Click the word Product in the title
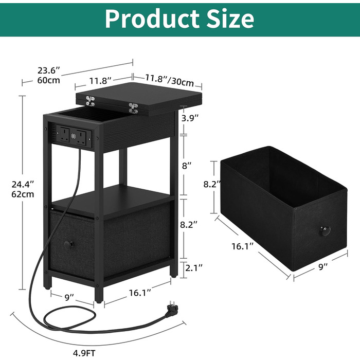tap(152, 19)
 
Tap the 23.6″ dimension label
tap(49, 70)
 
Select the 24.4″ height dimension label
tap(23, 184)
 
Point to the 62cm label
tap(23, 194)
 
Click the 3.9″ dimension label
tap(190, 118)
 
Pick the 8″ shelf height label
tap(187, 165)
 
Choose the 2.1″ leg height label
tap(194, 267)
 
